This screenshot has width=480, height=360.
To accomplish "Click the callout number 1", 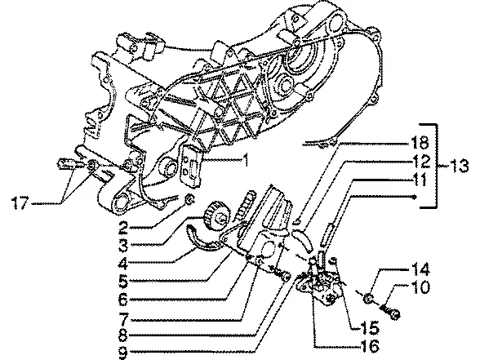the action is coord(245,160).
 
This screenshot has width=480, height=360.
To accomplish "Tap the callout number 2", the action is coord(123,227).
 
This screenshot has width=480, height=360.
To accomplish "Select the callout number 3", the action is coord(123,245).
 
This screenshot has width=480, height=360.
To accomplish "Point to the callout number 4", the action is coord(123,263).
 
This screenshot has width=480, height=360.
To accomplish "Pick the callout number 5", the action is coord(123,281).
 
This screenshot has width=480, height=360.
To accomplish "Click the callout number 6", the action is coord(123,299).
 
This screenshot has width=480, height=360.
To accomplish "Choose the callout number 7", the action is coord(123,318).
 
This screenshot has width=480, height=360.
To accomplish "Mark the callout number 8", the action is coord(123,336).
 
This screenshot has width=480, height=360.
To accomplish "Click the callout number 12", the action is coord(420,161).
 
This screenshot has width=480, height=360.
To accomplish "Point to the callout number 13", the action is coord(458,166).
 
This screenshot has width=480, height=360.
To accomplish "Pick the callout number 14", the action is coord(420,269).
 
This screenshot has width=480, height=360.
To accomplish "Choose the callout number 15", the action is coord(370,328).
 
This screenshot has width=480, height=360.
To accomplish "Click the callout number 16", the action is coord(370,346).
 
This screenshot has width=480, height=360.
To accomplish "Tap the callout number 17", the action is coord(20,202).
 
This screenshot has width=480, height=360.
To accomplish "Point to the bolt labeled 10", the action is coord(391,311).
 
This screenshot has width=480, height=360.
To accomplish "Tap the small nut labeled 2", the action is coord(189,199).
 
